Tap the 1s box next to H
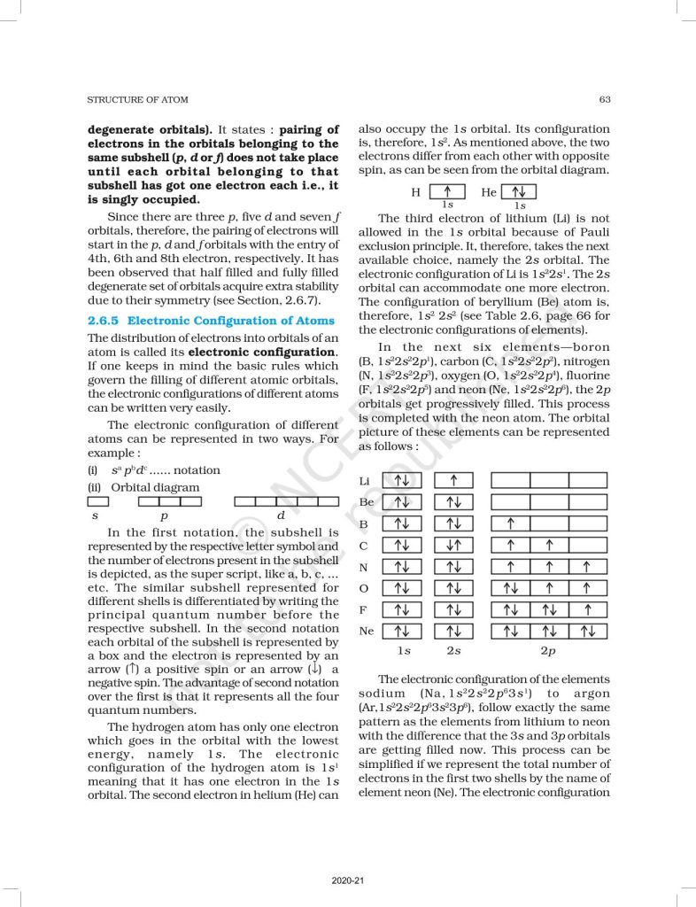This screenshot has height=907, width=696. click(447, 192)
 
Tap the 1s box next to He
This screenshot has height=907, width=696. click(519, 192)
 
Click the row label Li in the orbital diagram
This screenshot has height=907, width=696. click(364, 480)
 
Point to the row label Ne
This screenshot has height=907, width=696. click(365, 632)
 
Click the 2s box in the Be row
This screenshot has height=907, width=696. click(453, 502)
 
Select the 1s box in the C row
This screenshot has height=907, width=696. click(402, 546)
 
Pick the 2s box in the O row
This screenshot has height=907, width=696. click(453, 588)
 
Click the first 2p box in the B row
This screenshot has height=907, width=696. click(511, 523)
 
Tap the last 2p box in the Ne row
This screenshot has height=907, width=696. click(588, 632)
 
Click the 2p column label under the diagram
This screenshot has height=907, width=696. click(549, 651)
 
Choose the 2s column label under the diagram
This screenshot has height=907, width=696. click(453, 651)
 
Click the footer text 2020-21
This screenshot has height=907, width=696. click(346, 880)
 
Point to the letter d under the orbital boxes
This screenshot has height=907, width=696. click(281, 515)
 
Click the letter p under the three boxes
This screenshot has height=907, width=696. click(164, 515)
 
